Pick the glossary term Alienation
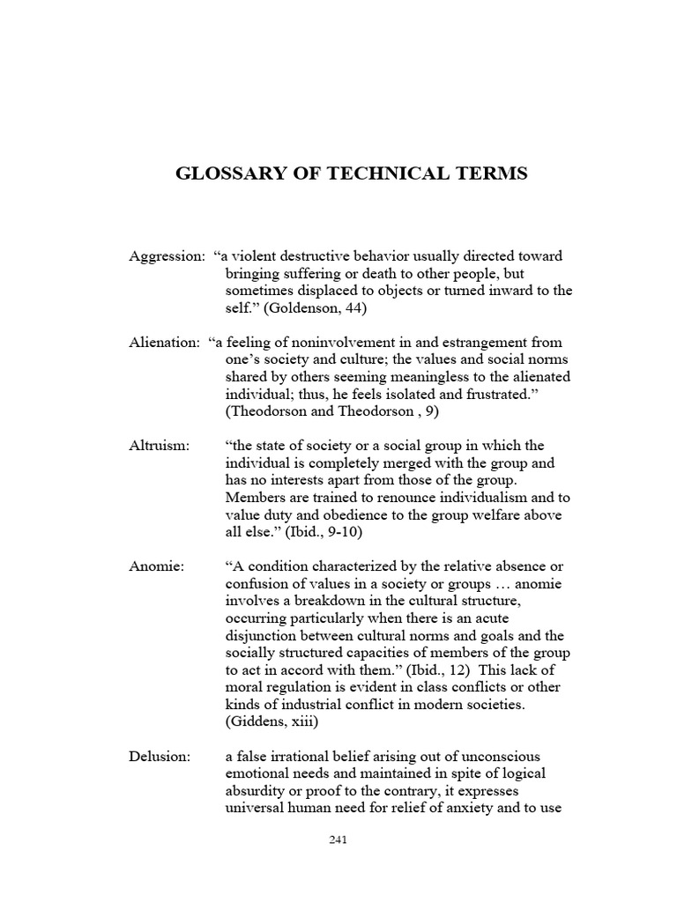[x=163, y=342]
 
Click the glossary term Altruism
[x=159, y=446]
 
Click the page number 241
[x=338, y=839]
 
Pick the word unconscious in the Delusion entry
[x=491, y=757]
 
